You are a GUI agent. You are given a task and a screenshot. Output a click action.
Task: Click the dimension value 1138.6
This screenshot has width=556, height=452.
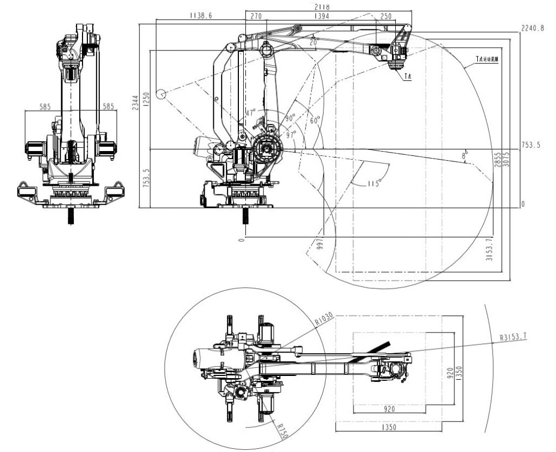(201, 16)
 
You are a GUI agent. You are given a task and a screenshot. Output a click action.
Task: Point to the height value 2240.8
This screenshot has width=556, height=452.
(532, 28)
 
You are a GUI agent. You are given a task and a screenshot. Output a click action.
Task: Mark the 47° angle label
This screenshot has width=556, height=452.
(250, 113)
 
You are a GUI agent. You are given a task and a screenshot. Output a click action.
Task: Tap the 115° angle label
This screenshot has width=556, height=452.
(372, 184)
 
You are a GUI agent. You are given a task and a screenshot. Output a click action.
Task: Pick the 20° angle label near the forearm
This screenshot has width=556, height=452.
(313, 41)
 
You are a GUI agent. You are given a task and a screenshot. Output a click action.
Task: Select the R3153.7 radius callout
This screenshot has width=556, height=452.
(514, 337)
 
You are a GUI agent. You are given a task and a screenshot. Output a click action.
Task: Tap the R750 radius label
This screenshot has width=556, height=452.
(280, 432)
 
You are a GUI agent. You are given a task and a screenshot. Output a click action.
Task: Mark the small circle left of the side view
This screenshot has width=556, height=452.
(161, 95)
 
